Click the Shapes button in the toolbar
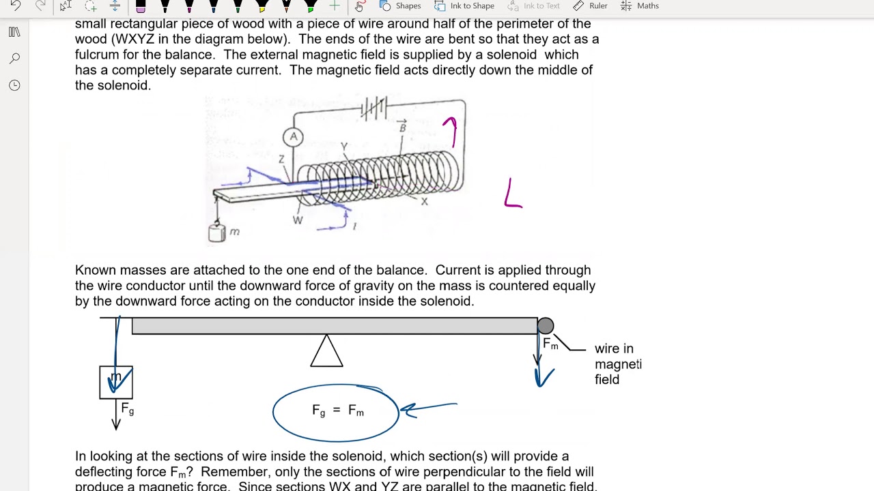tap(400, 6)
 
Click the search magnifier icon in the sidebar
tap(14, 59)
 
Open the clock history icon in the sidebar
tap(14, 85)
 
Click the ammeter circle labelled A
tap(293, 137)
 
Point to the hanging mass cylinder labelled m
tap(217, 233)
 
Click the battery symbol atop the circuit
tap(374, 108)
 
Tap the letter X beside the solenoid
tap(424, 202)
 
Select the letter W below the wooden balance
tap(298, 220)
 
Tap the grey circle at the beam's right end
tap(546, 326)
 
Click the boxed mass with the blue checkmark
tap(116, 382)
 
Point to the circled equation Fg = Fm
tap(337, 411)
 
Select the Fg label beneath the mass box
tap(127, 409)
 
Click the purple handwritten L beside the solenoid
tap(513, 194)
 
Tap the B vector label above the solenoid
tap(402, 126)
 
